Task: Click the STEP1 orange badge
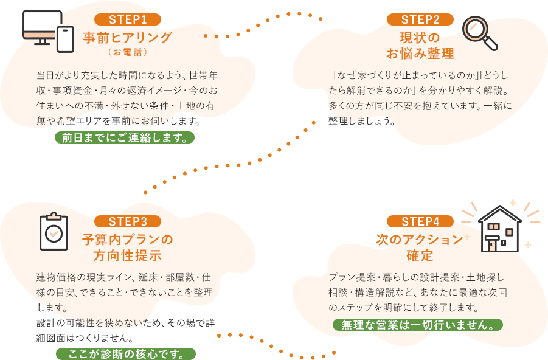coord(128,19)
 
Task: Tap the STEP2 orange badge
coord(420,19)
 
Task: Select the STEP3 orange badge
coord(128,221)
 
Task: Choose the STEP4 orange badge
coord(420,221)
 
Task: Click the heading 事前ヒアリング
coord(128,38)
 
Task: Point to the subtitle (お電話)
coord(128,52)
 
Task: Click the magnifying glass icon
coord(479,33)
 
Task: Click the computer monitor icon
coord(41,27)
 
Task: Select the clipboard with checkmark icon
coord(54,232)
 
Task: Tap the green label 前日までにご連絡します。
coord(125,137)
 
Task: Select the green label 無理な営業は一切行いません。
coord(418,325)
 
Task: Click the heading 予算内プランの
coord(128,239)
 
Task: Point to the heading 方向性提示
coord(128,255)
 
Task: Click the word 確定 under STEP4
coord(420,255)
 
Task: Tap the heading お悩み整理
coord(420,54)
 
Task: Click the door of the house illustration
coord(491,244)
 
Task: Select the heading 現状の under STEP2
coord(420,38)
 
